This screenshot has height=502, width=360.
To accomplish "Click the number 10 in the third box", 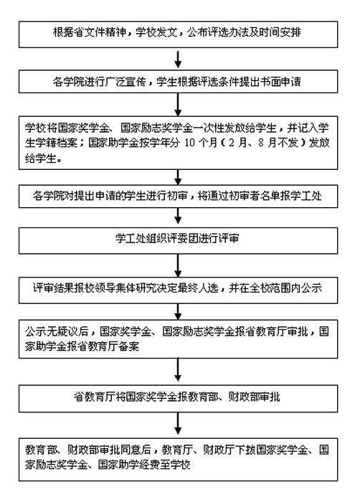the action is pyautogui.click(x=190, y=143).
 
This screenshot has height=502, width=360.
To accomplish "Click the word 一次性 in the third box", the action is pyautogui.click(x=208, y=128).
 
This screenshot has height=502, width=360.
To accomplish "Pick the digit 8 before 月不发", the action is pyautogui.click(x=261, y=143).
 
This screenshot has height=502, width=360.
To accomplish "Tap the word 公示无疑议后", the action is pyautogui.click(x=57, y=331).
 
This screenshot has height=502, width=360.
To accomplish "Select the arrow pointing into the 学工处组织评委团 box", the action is pyautogui.click(x=178, y=217).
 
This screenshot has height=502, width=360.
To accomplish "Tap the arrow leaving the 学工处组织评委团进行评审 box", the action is pyautogui.click(x=178, y=265).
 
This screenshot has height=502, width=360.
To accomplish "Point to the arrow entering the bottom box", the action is pyautogui.click(x=178, y=424).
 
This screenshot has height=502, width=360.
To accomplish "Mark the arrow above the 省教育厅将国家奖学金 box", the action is pyautogui.click(x=178, y=370).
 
